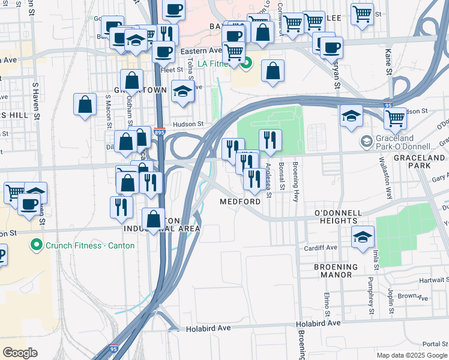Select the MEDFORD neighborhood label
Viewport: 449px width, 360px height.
(x=240, y=202)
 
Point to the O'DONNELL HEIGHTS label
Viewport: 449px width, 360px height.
(x=339, y=217)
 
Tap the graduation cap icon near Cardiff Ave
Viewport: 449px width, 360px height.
(x=363, y=236)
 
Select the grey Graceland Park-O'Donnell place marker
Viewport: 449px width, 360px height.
(x=366, y=142)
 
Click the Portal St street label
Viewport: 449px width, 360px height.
(x=435, y=344)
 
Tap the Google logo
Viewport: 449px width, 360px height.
(x=20, y=352)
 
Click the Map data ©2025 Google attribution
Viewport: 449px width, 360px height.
(x=412, y=355)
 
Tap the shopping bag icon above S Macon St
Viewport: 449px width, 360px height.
(x=85, y=104)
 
